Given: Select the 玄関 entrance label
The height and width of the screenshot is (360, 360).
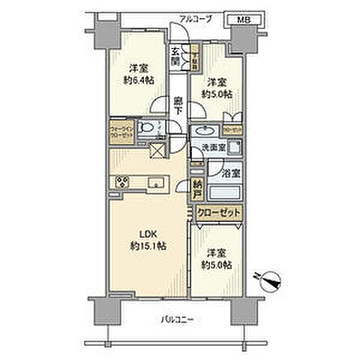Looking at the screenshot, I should click(x=175, y=57).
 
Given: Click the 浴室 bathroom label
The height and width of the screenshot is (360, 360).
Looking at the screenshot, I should click(x=232, y=172).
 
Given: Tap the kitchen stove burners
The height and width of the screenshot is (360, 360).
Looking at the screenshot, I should click(x=121, y=182).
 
